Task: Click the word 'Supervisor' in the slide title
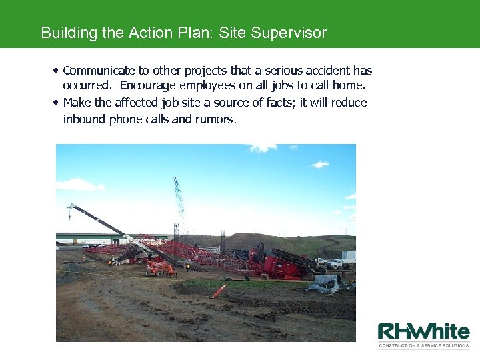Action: tap(289, 33)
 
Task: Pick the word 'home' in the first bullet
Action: tap(349, 86)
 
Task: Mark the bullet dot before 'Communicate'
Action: tap(56, 70)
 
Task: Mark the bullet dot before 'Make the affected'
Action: tap(56, 103)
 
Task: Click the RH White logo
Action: tap(423, 331)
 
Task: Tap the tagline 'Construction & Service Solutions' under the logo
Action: tap(424, 345)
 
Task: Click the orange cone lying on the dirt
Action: tap(218, 291)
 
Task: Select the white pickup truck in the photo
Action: tap(336, 263)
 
